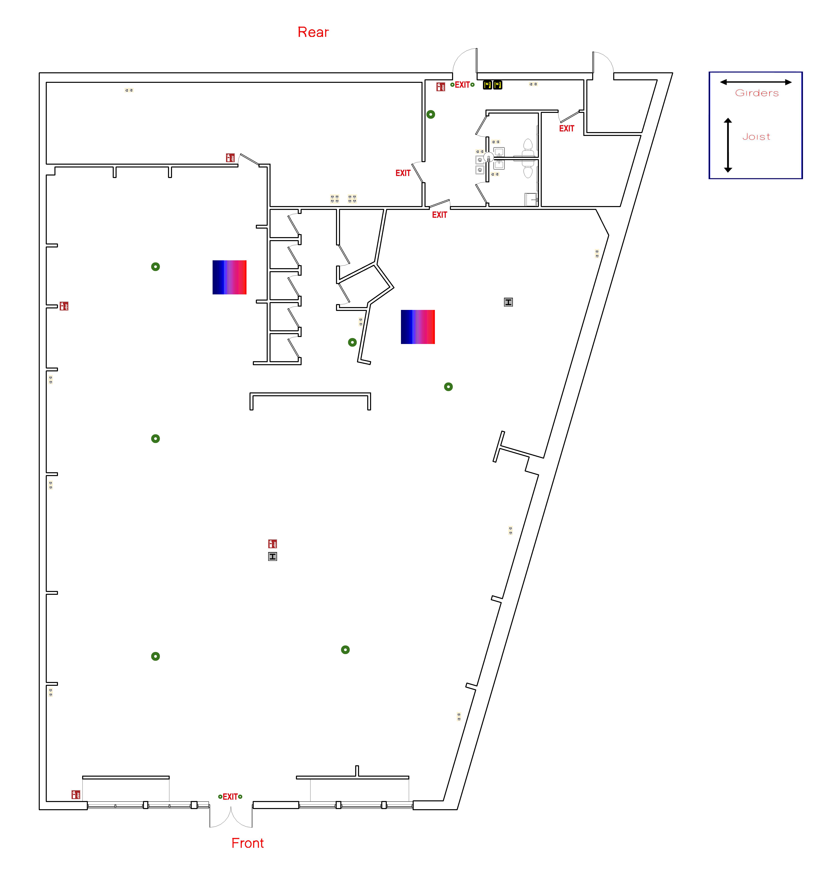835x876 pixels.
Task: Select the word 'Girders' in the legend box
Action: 757,93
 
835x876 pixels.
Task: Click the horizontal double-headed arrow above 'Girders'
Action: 756,82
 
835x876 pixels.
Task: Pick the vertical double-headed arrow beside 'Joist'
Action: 728,145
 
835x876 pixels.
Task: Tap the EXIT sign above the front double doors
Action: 230,796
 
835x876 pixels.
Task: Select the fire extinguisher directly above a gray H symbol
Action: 272,544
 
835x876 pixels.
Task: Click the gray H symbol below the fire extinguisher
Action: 272,556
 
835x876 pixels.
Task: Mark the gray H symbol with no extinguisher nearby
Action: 508,302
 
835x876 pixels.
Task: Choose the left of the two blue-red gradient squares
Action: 229,277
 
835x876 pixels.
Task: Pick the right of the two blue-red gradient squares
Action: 417,327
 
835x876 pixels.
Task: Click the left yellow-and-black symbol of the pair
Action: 487,84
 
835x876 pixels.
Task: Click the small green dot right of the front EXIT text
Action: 240,796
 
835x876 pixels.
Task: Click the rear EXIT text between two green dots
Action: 462,84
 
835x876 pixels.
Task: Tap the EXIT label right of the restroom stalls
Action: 567,128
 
